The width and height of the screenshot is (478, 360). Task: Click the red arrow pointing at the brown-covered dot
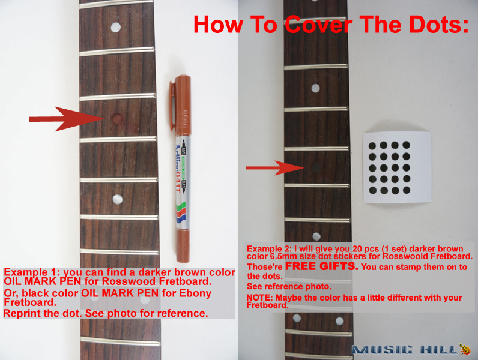pyautogui.click(x=67, y=119)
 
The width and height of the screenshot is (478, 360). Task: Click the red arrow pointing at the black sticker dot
pyautogui.click(x=275, y=168)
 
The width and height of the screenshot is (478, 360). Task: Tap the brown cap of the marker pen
pyautogui.click(x=181, y=105)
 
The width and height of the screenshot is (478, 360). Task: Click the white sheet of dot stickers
pyautogui.click(x=397, y=167)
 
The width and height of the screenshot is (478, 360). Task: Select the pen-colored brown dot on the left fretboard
pyautogui.click(x=117, y=118)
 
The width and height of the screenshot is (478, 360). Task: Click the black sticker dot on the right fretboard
pyautogui.click(x=316, y=167)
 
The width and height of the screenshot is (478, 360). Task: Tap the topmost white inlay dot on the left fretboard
pyautogui.click(x=115, y=27)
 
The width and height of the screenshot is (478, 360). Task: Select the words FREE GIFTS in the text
pyautogui.click(x=322, y=266)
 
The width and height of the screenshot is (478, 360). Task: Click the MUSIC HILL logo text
pyautogui.click(x=405, y=350)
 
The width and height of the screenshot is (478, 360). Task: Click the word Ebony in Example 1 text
pyautogui.click(x=195, y=293)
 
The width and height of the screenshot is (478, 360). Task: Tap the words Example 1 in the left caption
pyautogui.click(x=31, y=272)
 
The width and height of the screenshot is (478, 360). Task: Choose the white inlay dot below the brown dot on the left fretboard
pyautogui.click(x=117, y=199)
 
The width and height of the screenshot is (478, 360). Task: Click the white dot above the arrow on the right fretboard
pyautogui.click(x=315, y=88)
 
